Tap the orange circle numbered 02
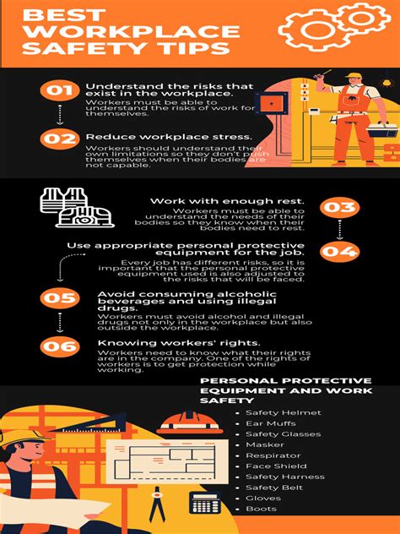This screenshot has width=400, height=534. (59, 138)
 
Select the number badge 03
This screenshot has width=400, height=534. (341, 207)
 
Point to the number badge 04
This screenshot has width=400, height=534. (341, 251)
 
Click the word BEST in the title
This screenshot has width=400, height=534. (52, 14)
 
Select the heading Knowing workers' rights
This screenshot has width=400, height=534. (148, 342)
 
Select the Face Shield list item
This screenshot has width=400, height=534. (276, 466)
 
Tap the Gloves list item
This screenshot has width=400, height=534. (263, 499)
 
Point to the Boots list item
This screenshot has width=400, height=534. (261, 509)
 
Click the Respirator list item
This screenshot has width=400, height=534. (273, 455)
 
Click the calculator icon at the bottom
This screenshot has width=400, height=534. (204, 502)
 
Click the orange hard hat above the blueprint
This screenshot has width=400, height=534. (183, 421)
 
